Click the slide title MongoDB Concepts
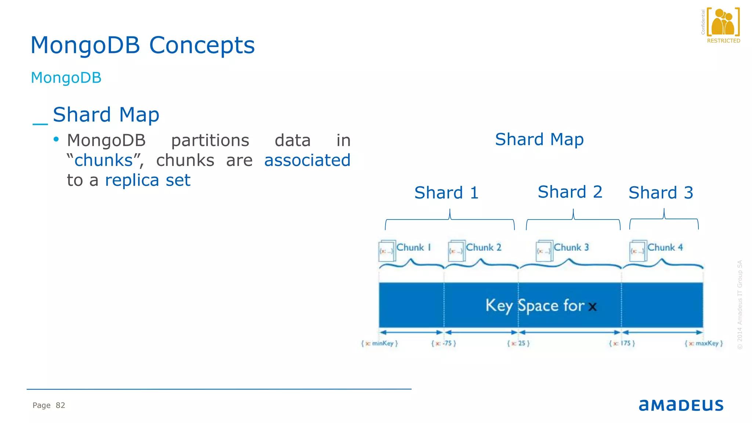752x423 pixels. pyautogui.click(x=142, y=46)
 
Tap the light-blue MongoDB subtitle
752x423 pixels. pyautogui.click(x=66, y=78)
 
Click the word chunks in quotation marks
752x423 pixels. pyautogui.click(x=104, y=160)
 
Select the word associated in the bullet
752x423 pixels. pyautogui.click(x=307, y=160)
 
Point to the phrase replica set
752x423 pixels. pyautogui.click(x=148, y=180)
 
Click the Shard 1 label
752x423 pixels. pyautogui.click(x=446, y=193)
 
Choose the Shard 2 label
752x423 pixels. pyautogui.click(x=570, y=192)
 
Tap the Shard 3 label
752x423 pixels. pyautogui.click(x=661, y=193)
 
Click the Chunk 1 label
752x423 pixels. pyautogui.click(x=413, y=247)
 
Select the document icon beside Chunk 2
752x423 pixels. pyautogui.click(x=456, y=251)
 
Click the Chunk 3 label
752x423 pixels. pyautogui.click(x=571, y=247)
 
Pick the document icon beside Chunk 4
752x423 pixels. pyautogui.click(x=638, y=251)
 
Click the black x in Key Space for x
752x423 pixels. pyautogui.click(x=592, y=307)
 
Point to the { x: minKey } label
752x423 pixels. pyautogui.click(x=380, y=343)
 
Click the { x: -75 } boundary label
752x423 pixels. pyautogui.click(x=444, y=343)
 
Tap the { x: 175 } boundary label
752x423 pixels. pyautogui.click(x=622, y=343)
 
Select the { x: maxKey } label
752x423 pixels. pyautogui.click(x=704, y=343)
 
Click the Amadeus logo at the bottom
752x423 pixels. pyautogui.click(x=681, y=405)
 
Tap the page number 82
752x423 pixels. pyautogui.click(x=60, y=405)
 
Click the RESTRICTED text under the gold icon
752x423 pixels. pyautogui.click(x=723, y=41)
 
